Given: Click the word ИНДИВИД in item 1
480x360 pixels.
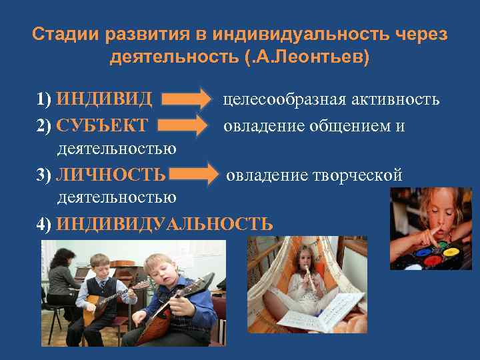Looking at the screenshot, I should coord(105,100).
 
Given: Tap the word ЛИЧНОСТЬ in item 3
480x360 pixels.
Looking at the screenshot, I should coord(111,175).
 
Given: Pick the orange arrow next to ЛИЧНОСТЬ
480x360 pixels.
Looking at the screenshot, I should coord(197,175).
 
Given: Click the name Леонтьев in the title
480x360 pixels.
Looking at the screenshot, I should coord(327,57).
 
